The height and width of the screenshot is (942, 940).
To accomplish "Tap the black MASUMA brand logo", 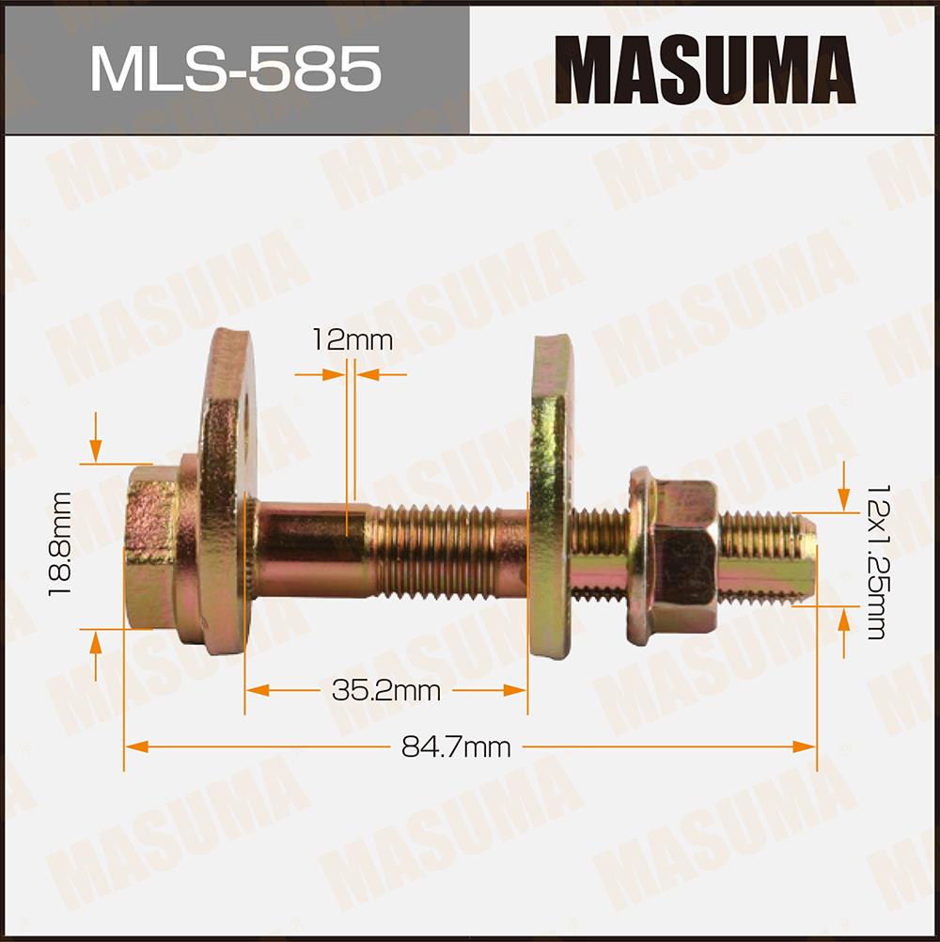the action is coord(705,70).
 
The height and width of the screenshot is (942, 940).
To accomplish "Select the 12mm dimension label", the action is coord(352,340).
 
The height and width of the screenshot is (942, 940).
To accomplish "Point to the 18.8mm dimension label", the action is coord(59,543).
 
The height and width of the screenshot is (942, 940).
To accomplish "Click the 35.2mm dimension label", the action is coord(386,691).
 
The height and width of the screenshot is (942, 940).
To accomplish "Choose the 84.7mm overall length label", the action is coord(456,747).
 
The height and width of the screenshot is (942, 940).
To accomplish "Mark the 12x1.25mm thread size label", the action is coord(876,561).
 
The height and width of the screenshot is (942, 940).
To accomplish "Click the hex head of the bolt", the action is coord(150,547).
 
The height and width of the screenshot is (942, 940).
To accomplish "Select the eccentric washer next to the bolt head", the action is coord(228,493).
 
